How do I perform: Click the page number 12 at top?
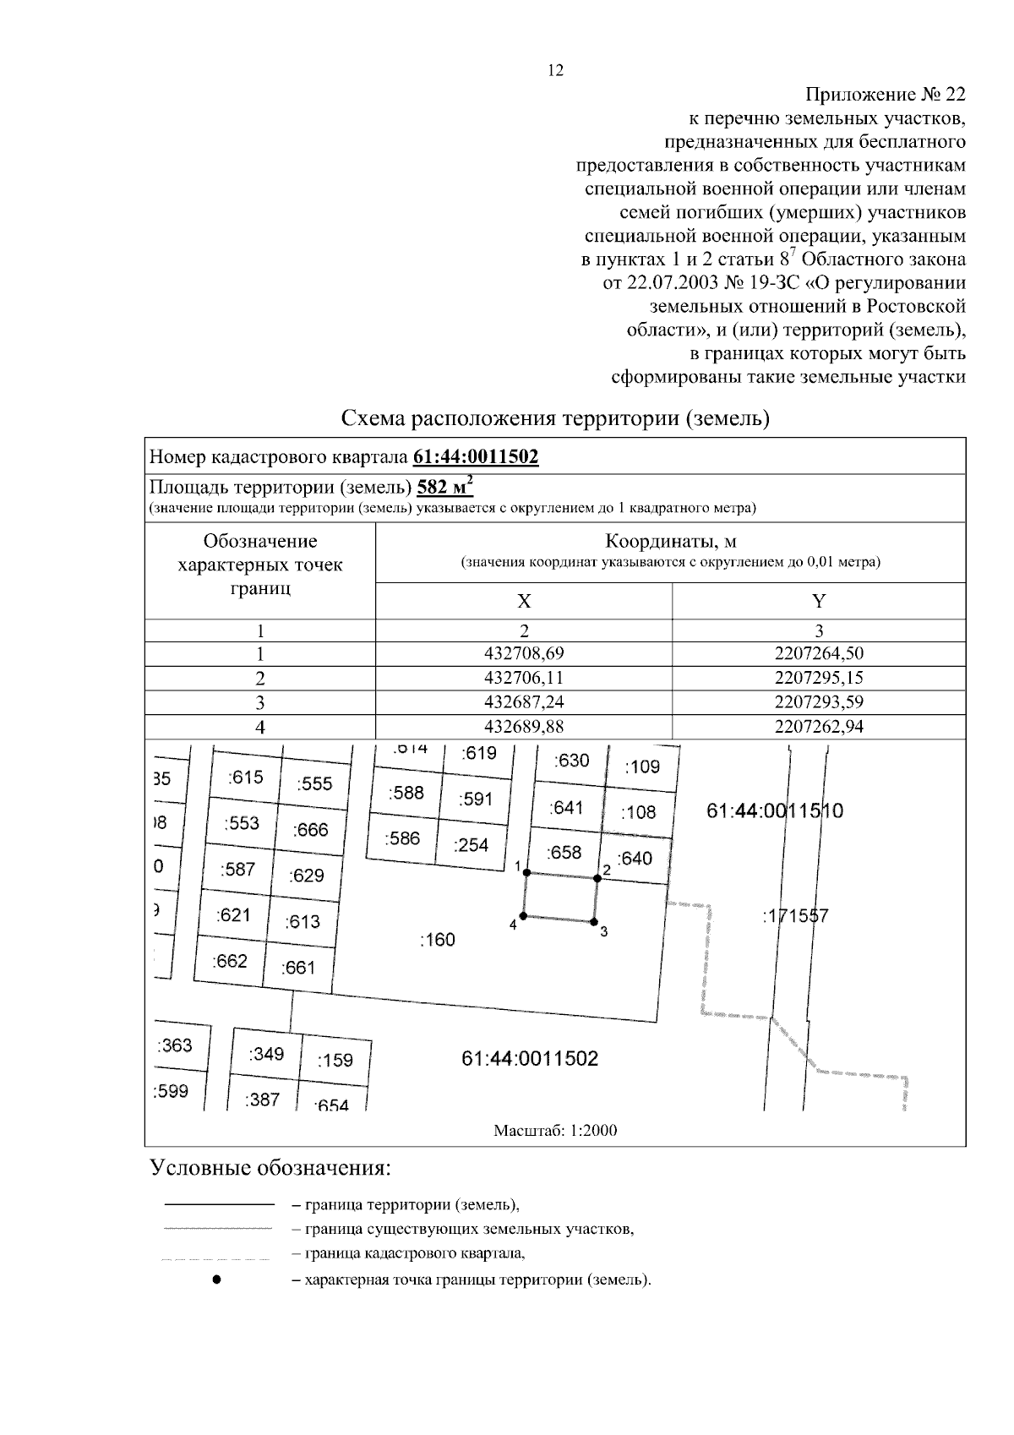point(555,71)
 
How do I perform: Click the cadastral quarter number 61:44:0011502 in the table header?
point(476,457)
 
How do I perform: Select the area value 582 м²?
point(445,488)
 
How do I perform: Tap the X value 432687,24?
point(524,702)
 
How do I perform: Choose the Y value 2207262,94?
point(819,727)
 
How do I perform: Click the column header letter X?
point(524,601)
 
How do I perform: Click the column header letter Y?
point(819,601)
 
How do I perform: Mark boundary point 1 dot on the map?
point(526,872)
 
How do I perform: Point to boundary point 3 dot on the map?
point(594,922)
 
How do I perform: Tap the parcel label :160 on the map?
point(437,940)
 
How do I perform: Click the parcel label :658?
point(564,852)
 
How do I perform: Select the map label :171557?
point(795,915)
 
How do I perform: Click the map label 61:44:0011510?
point(774,811)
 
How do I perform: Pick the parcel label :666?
point(310,830)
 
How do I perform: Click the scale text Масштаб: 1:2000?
point(555,1131)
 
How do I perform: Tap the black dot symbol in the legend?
point(216,1279)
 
